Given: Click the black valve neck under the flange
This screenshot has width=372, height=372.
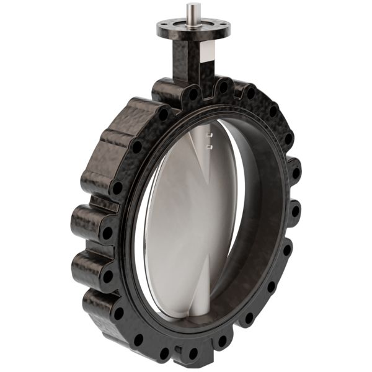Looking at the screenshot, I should [187, 59].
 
